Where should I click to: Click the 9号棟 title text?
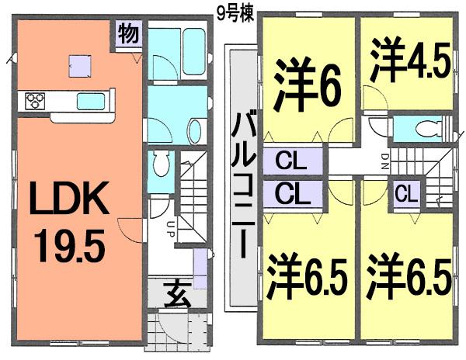coord(233,12)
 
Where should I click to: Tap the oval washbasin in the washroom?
coord(194,130)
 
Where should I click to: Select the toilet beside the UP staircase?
coord(159,164)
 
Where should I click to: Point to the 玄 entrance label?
coord(176,296)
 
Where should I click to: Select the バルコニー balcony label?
coord(240,182)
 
